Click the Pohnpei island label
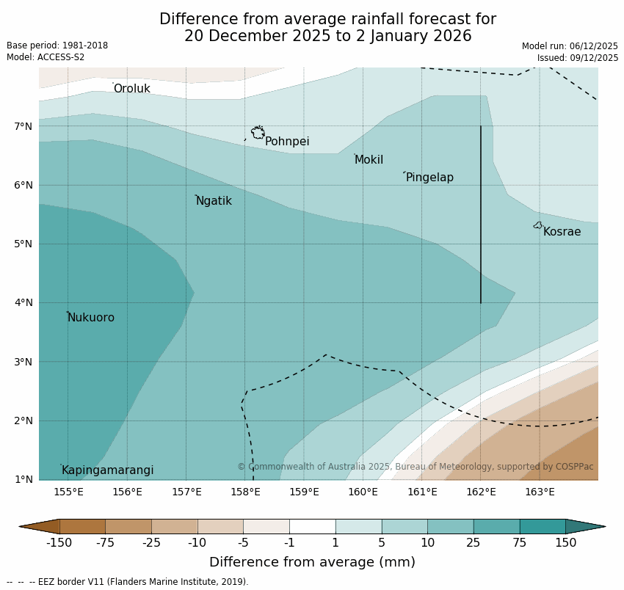[x=287, y=142]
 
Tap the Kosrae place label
[x=562, y=232]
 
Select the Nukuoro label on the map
[x=91, y=318]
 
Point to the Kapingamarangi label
[x=108, y=470]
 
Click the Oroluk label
[x=132, y=89]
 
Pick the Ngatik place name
[x=214, y=201]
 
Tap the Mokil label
[x=369, y=160]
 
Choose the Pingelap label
[x=429, y=178]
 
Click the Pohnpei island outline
[x=258, y=133]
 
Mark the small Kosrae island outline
[x=538, y=225]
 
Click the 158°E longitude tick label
[x=245, y=492]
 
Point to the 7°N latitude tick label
[x=23, y=126]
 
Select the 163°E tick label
[x=540, y=492]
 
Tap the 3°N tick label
[x=23, y=362]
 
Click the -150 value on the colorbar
[x=59, y=543]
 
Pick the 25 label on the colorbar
[x=474, y=543]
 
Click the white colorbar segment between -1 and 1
[x=312, y=526]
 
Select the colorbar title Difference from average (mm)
[x=312, y=563]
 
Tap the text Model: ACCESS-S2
[x=46, y=57]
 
